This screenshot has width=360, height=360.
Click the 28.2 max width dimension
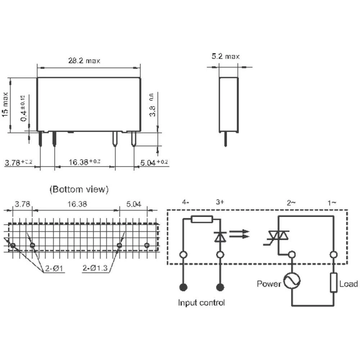pos(84,61)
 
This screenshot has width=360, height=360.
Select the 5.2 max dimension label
pos(225,56)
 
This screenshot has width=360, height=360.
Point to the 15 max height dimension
pos(5,104)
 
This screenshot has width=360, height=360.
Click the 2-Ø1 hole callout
pos(54,269)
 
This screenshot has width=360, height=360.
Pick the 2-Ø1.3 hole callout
pos(96,269)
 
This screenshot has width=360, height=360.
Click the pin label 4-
pos(186,202)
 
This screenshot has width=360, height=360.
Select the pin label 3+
pos(220,202)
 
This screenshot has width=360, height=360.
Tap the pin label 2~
pos(291,202)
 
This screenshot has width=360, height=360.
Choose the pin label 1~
pos(332,202)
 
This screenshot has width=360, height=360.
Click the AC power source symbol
pos(292,281)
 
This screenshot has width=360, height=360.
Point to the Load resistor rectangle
pos(334,283)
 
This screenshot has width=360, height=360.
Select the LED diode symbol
pos(220,236)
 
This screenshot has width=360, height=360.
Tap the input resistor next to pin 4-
pos(202,219)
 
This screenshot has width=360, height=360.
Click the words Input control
pos(201,302)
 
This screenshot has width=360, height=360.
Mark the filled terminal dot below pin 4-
pos(184,287)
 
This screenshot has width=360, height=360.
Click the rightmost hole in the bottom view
pos(147,245)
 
